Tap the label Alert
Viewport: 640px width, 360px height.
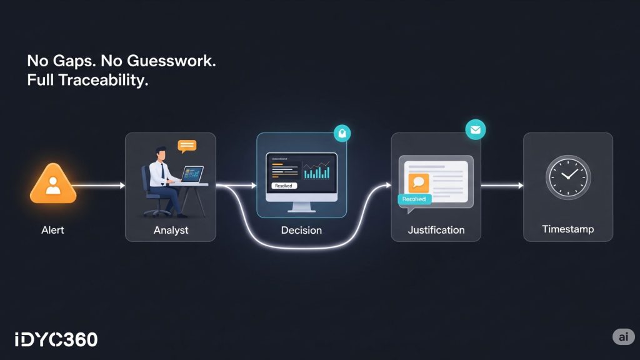click(x=52, y=230)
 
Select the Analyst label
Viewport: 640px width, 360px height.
click(x=171, y=230)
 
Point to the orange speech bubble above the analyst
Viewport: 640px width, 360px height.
click(x=187, y=146)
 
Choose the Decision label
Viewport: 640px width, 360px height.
click(x=301, y=230)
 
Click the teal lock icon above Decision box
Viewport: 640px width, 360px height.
click(x=342, y=133)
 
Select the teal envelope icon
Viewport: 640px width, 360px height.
click(x=475, y=130)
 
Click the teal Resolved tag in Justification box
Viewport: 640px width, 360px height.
click(x=414, y=199)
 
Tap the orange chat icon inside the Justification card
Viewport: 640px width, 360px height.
click(x=419, y=182)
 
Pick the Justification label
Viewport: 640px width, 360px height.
click(x=436, y=230)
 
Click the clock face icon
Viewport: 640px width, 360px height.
click(x=567, y=177)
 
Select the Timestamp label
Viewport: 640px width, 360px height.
click(x=567, y=230)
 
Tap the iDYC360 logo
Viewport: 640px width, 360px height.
click(x=56, y=339)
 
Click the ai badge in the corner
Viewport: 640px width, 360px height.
click(x=622, y=337)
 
